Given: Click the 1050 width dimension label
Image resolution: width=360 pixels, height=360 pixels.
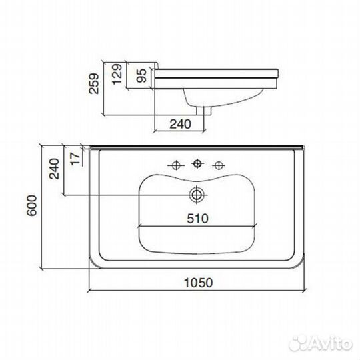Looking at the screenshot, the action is pos(199,283).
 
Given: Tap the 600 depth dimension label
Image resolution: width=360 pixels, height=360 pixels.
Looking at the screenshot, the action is pos(32,205).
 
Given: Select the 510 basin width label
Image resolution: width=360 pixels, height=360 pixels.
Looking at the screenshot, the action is pos(197,219).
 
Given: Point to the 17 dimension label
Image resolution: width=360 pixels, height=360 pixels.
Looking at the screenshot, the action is pos(76,159).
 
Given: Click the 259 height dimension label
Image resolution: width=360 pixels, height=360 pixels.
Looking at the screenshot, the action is pos(94,83).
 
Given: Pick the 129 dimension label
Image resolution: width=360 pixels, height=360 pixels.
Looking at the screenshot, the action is pos(117,74).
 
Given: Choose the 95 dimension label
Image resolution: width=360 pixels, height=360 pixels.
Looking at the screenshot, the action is pos(141,75).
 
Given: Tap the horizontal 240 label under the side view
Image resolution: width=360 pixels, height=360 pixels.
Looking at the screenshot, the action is pos(180,124).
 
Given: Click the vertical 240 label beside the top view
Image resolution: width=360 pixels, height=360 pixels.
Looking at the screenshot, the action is pos(54,169).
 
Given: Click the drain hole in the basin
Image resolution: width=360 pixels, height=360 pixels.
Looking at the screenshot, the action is pos(197,195).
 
